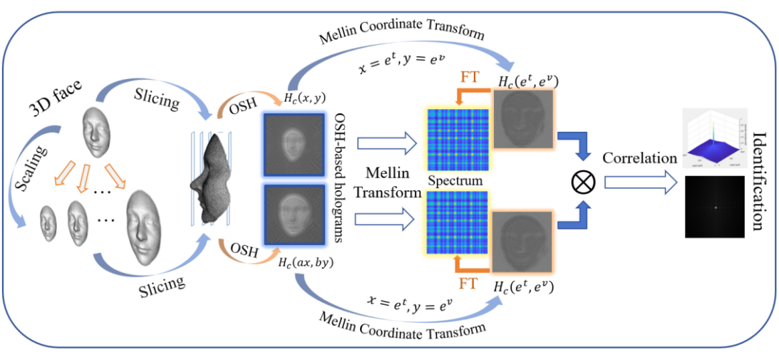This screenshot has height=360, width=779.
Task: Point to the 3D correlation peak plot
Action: (x=714, y=138)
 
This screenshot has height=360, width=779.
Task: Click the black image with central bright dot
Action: (x=715, y=207)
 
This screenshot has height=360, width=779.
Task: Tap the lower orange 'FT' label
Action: (x=467, y=284)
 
